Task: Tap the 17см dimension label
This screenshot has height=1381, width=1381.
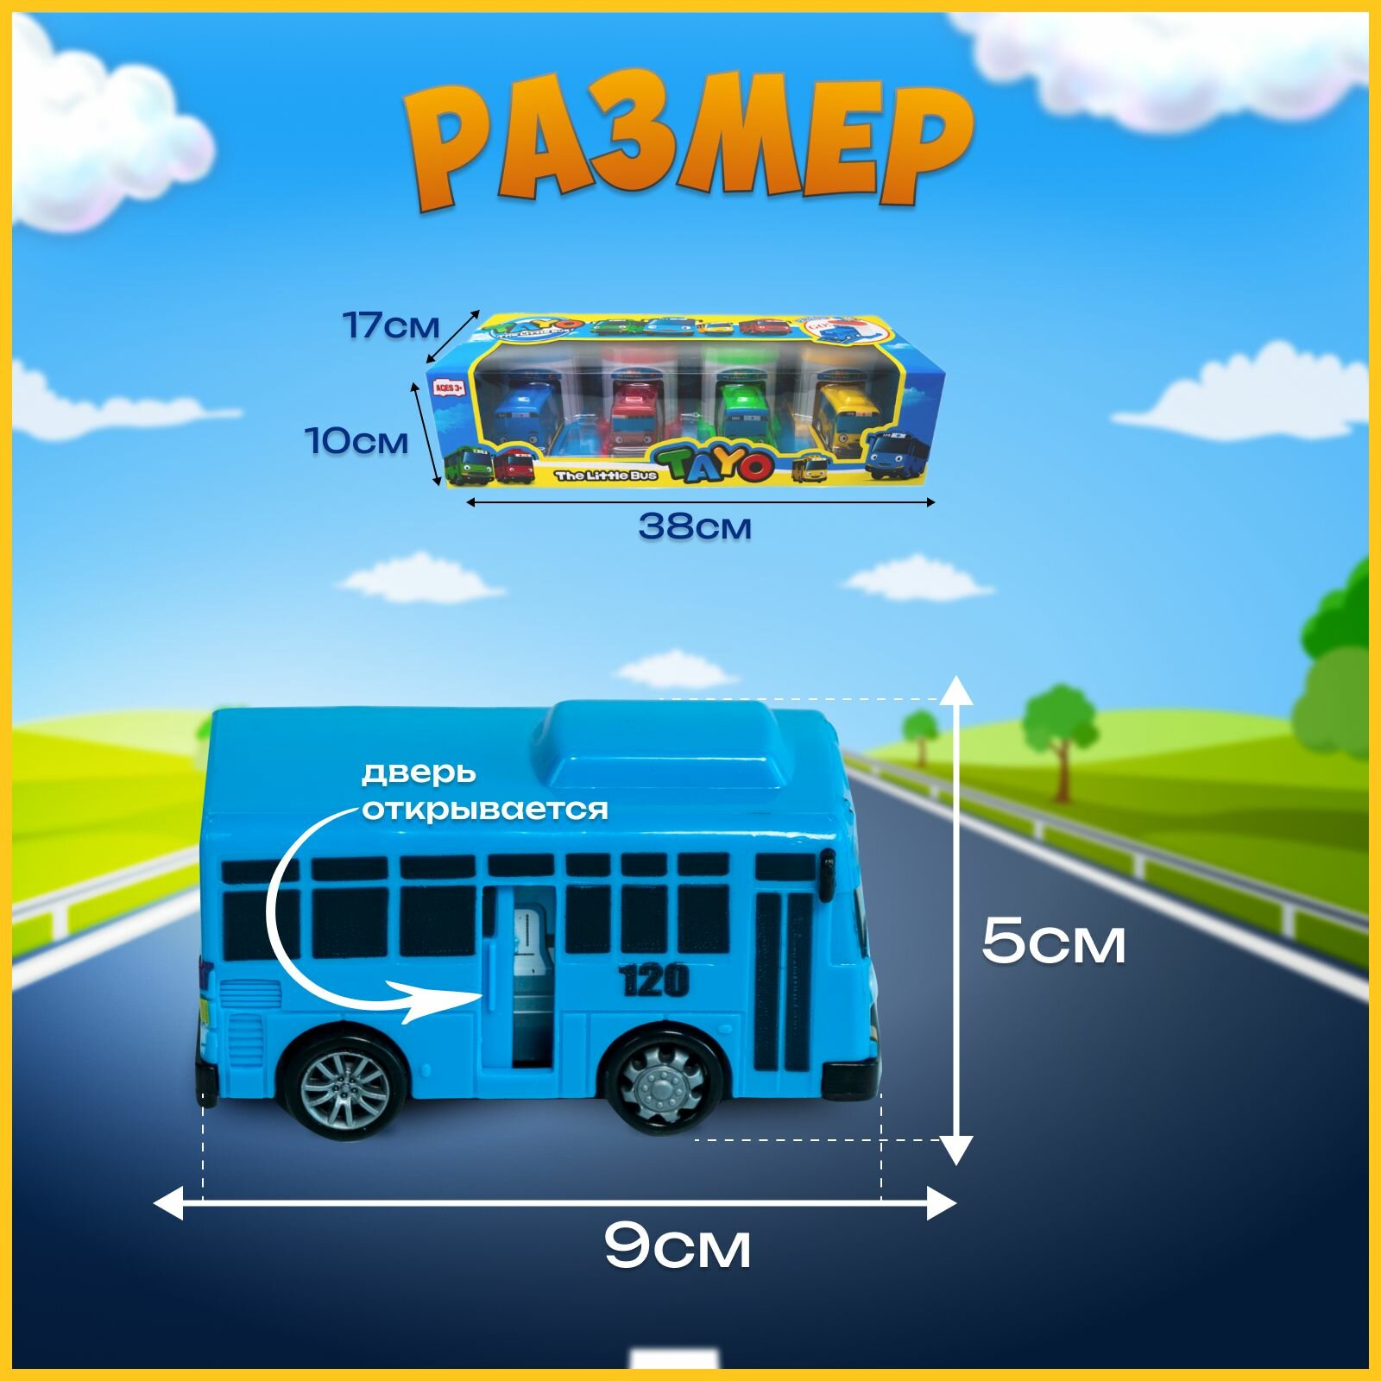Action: tap(391, 325)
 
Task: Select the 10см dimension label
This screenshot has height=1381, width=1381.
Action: tap(357, 441)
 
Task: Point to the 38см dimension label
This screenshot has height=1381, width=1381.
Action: tap(695, 526)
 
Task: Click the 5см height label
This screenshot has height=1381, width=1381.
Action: tap(1053, 942)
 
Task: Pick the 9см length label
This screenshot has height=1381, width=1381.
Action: tap(678, 1245)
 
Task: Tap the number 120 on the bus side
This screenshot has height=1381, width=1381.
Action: tap(654, 980)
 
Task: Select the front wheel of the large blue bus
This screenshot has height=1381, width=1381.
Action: tap(662, 1082)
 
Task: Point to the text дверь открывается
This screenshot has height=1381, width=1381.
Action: tap(484, 791)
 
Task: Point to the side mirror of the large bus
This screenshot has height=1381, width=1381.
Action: tap(827, 873)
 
